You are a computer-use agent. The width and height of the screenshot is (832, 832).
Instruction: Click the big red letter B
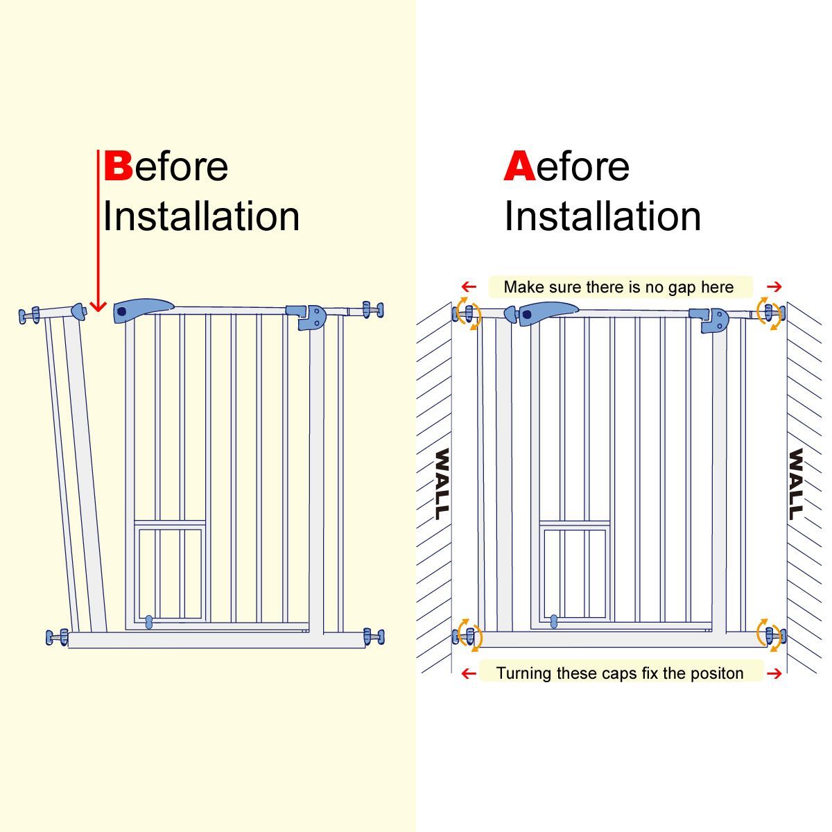(x=118, y=166)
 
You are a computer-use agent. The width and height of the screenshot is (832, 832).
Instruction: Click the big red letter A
(x=520, y=166)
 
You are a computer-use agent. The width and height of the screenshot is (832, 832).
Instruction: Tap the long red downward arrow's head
(x=98, y=306)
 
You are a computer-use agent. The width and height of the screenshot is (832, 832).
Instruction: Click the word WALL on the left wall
(x=442, y=484)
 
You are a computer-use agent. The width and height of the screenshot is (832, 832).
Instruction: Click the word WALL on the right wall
(x=795, y=484)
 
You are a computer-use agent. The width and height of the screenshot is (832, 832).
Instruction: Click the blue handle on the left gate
(x=144, y=310)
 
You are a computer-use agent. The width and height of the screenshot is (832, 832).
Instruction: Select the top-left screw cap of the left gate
(x=29, y=315)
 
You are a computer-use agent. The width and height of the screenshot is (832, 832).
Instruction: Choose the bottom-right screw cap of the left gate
(x=374, y=636)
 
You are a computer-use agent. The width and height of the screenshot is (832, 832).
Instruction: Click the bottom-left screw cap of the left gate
(x=57, y=637)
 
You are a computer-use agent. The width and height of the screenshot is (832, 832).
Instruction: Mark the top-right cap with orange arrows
(x=770, y=313)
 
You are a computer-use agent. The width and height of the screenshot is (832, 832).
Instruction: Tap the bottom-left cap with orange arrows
(x=468, y=635)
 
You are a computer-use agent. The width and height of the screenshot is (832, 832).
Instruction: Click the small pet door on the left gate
(x=170, y=573)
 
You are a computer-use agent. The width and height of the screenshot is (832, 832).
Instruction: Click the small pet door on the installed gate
(x=575, y=571)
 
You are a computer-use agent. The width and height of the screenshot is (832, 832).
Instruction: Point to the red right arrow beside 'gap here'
(x=774, y=286)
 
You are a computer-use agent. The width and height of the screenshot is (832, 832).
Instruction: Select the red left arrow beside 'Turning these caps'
(x=469, y=673)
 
